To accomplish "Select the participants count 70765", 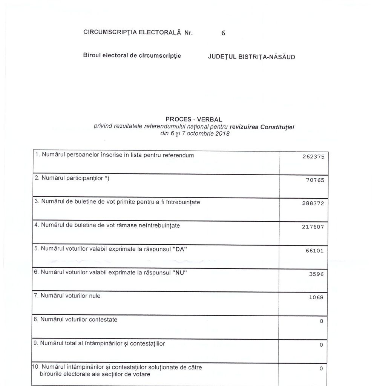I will point(314,180).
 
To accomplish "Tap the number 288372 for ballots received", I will point(313,203).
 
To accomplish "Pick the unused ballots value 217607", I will point(313,227).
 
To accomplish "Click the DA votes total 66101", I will point(314,251).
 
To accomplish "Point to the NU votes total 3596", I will point(316,274).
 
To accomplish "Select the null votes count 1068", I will point(316,297).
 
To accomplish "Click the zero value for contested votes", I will point(321,321).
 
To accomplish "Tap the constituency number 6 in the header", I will point(223,33).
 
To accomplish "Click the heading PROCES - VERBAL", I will point(194,119).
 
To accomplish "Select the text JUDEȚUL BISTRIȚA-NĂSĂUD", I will point(251,57).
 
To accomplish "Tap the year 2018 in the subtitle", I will point(222,134).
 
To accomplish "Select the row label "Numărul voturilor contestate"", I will point(78,319).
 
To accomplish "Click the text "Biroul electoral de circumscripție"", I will point(132,55).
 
